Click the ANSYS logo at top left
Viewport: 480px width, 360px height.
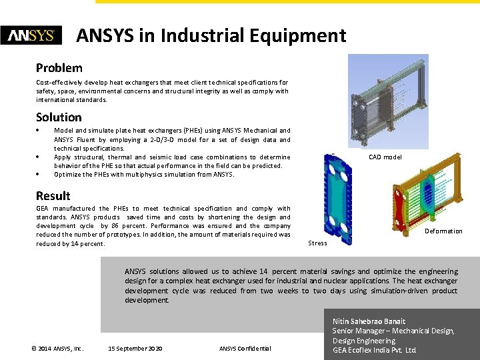[x=31, y=35]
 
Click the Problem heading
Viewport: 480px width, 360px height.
[x=59, y=68]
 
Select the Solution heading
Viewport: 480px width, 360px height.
[x=59, y=117]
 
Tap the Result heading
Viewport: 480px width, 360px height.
[x=53, y=195]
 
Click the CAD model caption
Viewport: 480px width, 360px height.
[x=385, y=157]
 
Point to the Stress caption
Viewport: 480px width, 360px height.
[x=317, y=243]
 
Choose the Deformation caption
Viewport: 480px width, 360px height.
[x=443, y=231]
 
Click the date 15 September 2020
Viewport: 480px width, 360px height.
[x=135, y=349]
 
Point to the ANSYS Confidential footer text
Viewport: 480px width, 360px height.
[x=245, y=349]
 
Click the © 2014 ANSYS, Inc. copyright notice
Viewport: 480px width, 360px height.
[x=57, y=349]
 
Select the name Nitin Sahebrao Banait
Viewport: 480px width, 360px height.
[x=368, y=321]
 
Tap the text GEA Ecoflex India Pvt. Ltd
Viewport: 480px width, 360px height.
[x=374, y=350]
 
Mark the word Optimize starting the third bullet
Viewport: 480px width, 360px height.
[x=69, y=175]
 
